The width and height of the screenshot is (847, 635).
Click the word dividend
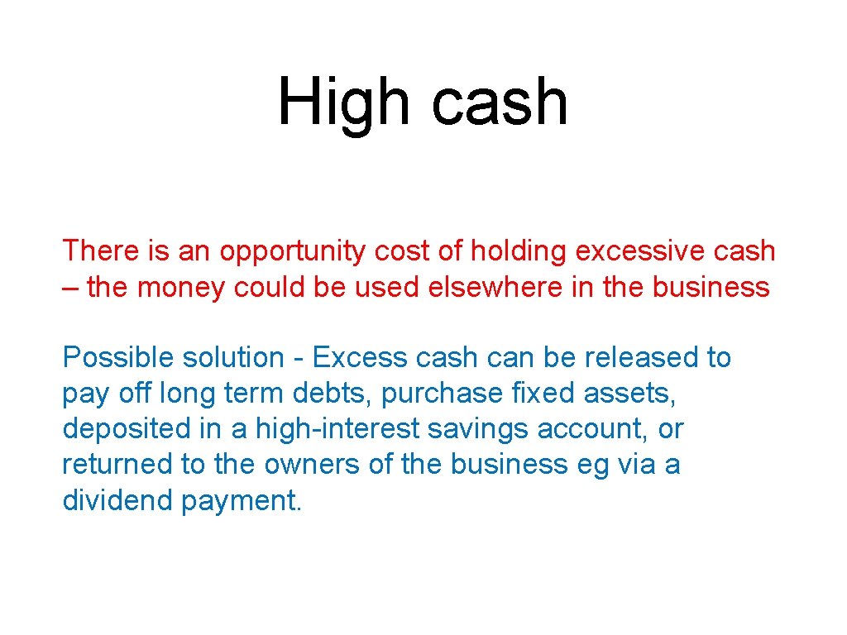(x=118, y=500)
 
